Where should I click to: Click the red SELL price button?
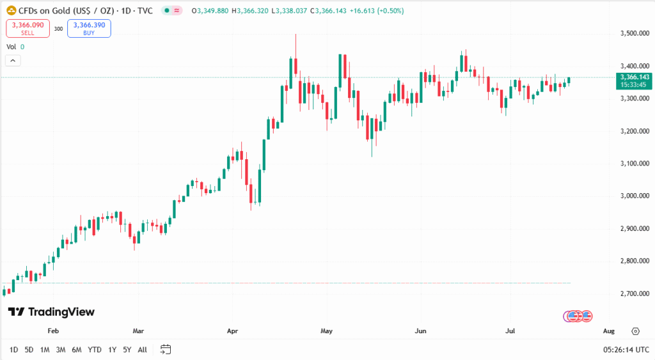pos(28,28)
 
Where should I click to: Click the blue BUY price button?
pos(90,28)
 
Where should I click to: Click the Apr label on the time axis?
pos(232,331)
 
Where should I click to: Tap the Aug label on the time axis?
pos(608,331)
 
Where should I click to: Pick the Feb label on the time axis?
pos(53,331)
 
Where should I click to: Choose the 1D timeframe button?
pos(13,350)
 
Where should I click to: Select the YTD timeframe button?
pos(94,350)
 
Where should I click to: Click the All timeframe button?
pos(142,350)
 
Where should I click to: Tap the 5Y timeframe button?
pos(127,350)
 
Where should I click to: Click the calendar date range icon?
pos(166,349)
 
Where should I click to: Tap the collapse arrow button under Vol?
pos(13,60)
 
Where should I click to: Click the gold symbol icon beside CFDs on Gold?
pos(11,11)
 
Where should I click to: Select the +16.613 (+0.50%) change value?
pos(375,11)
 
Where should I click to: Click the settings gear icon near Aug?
pos(635,331)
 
